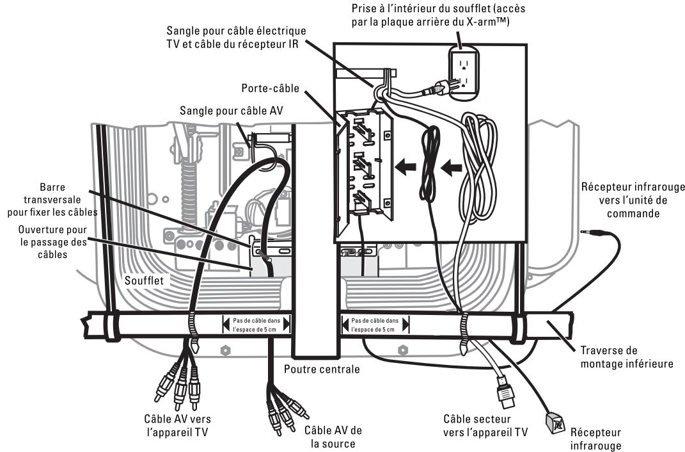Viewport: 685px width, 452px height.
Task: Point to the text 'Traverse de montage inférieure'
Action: point(627,357)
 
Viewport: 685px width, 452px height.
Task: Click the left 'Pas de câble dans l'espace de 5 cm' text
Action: point(256,323)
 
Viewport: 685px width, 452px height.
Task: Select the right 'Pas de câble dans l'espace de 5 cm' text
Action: point(375,323)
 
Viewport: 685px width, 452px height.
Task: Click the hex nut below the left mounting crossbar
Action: point(227,350)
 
